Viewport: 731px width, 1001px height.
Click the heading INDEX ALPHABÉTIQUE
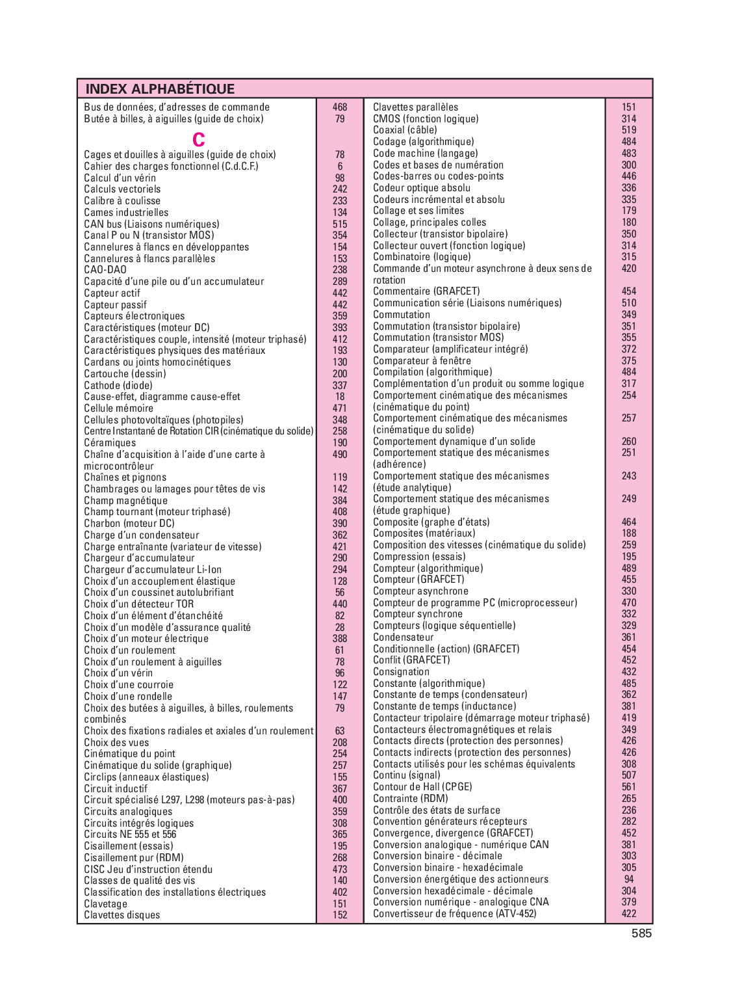tap(160, 89)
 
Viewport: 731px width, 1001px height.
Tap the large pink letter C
tap(199, 140)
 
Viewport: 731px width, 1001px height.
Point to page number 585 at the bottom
tap(641, 933)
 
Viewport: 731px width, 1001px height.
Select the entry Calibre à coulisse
tap(122, 201)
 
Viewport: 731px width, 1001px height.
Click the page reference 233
tap(340, 201)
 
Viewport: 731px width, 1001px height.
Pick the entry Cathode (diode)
tap(118, 385)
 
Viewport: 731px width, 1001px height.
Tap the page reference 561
tap(629, 787)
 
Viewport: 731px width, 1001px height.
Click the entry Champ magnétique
tap(125, 501)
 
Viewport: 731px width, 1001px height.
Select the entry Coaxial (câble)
tap(405, 130)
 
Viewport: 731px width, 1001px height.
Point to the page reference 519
tap(629, 130)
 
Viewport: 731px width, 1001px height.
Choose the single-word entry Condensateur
tap(403, 637)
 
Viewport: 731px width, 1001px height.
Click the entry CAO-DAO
tap(105, 270)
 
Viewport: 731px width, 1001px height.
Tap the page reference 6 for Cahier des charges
tap(340, 167)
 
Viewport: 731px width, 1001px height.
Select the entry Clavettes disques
tap(122, 915)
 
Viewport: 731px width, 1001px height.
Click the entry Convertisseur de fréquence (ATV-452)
tap(454, 914)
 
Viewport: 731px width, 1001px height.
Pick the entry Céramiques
tap(110, 443)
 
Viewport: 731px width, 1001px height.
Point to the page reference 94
tap(629, 879)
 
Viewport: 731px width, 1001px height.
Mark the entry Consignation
tap(401, 672)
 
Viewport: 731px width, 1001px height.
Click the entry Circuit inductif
tap(116, 789)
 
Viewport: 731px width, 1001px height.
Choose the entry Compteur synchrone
tap(418, 614)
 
